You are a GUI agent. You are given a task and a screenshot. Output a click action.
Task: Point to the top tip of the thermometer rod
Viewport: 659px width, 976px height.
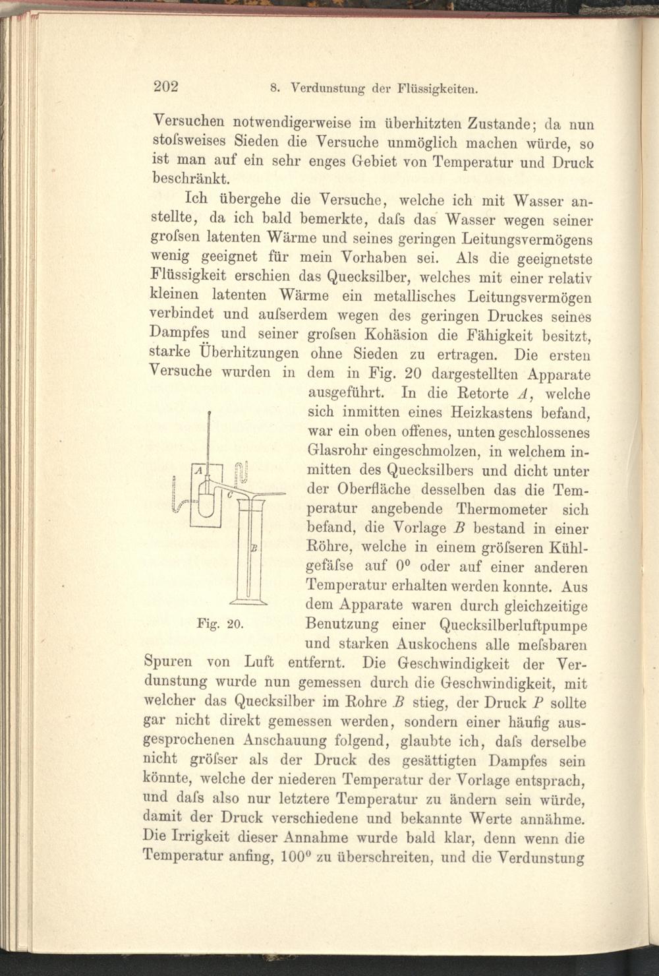click(208, 412)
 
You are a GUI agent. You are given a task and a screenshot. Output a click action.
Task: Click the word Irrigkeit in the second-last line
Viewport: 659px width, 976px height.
click(198, 839)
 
